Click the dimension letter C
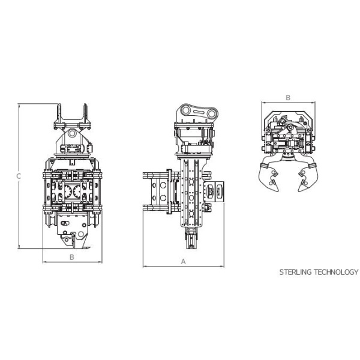(19, 176)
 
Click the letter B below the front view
(72, 257)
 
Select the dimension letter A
(183, 262)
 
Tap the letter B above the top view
(288, 98)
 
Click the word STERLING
(295, 272)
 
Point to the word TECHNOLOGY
(336, 272)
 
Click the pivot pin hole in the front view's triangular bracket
(72, 133)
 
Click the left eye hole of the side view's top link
(186, 110)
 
